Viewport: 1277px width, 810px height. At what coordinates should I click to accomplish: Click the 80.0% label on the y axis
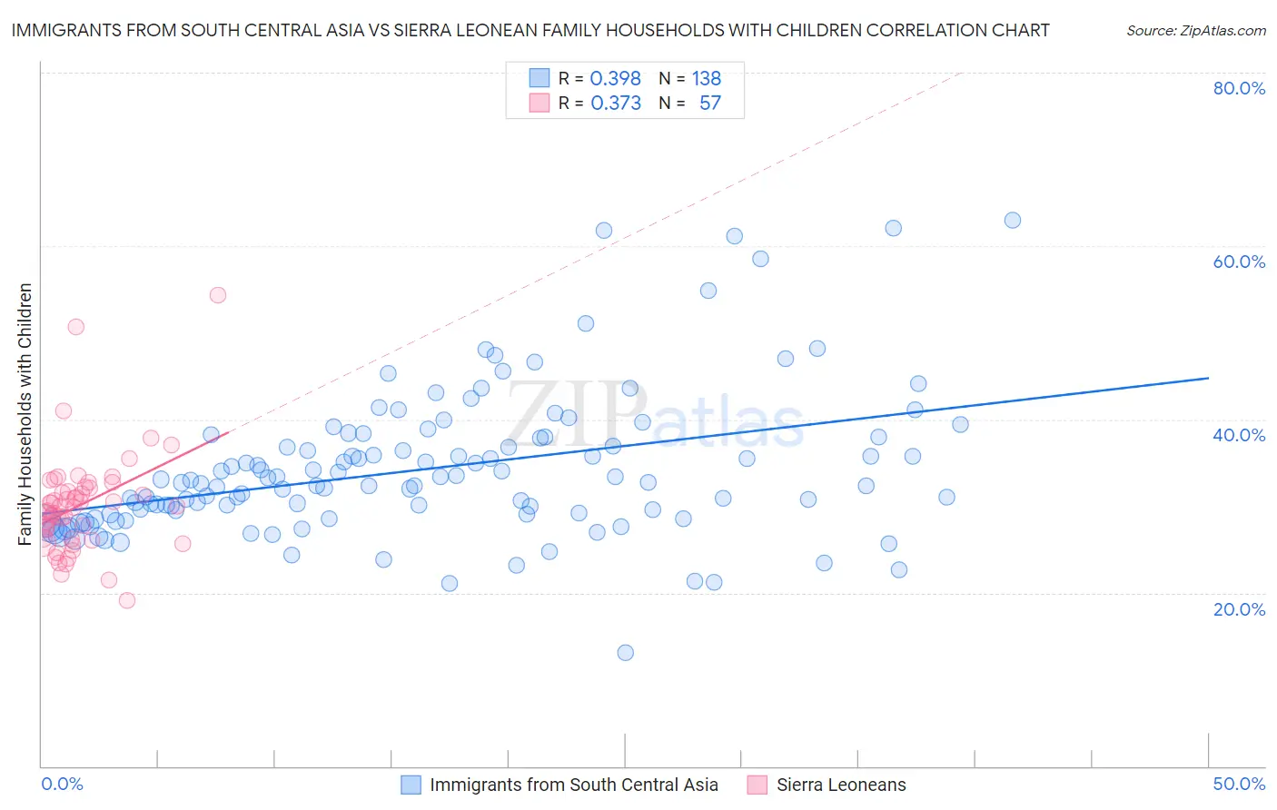[x=1239, y=88]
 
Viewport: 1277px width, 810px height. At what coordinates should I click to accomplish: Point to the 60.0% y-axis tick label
[x=1239, y=262]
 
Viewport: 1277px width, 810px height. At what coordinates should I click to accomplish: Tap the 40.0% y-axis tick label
[x=1239, y=435]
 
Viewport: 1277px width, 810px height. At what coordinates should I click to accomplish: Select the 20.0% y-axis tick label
[x=1239, y=608]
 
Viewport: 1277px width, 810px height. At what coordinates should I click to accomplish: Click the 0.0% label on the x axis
[x=62, y=784]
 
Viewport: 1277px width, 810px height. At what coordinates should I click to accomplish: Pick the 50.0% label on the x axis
[x=1239, y=784]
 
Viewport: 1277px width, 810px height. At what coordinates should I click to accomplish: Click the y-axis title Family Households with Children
[x=25, y=414]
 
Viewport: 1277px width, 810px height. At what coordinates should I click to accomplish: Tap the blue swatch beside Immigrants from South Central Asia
[x=411, y=785]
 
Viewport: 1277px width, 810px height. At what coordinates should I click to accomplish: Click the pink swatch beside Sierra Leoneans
[x=757, y=785]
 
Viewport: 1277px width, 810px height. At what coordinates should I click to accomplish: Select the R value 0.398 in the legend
[x=615, y=78]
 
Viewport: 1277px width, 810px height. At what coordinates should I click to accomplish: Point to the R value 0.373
[x=615, y=103]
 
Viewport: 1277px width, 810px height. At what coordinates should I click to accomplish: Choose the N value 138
[x=706, y=78]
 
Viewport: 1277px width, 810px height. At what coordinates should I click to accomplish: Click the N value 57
[x=709, y=103]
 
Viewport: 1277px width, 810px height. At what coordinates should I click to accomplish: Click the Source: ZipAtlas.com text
[x=1195, y=30]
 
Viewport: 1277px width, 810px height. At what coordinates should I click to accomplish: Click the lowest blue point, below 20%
[x=625, y=652]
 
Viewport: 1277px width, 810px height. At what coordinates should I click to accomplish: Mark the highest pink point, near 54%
[x=217, y=294]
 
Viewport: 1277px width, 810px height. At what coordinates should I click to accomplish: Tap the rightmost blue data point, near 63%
[x=1012, y=220]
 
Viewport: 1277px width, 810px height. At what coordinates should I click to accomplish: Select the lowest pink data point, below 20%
[x=127, y=600]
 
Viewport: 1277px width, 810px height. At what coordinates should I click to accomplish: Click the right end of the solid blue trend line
[x=1208, y=378]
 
